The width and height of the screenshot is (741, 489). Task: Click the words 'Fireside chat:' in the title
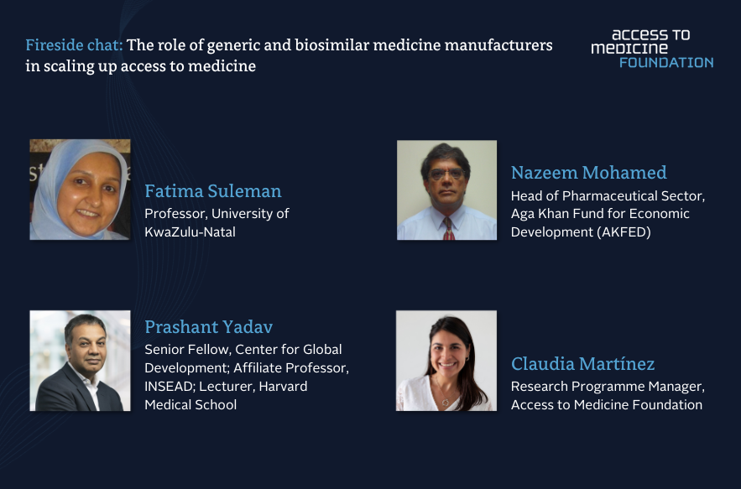(x=74, y=45)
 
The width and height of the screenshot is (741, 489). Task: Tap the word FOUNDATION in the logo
(x=666, y=63)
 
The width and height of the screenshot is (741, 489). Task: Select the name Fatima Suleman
(x=213, y=191)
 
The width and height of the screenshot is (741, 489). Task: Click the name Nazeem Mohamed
(x=589, y=173)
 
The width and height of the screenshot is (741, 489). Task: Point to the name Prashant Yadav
(x=209, y=327)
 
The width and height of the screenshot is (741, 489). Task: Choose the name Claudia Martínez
(x=582, y=364)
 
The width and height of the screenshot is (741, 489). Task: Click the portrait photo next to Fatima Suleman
(x=80, y=190)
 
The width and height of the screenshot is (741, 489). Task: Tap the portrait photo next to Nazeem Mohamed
(x=446, y=190)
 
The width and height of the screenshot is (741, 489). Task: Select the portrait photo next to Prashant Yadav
(x=80, y=361)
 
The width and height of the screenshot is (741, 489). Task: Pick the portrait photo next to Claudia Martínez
(x=446, y=361)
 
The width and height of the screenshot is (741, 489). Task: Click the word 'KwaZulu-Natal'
(x=190, y=232)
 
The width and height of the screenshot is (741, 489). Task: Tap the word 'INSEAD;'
(x=170, y=387)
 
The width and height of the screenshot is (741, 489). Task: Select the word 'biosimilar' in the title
(x=331, y=45)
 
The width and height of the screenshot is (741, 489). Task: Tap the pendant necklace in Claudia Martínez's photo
(x=445, y=402)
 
